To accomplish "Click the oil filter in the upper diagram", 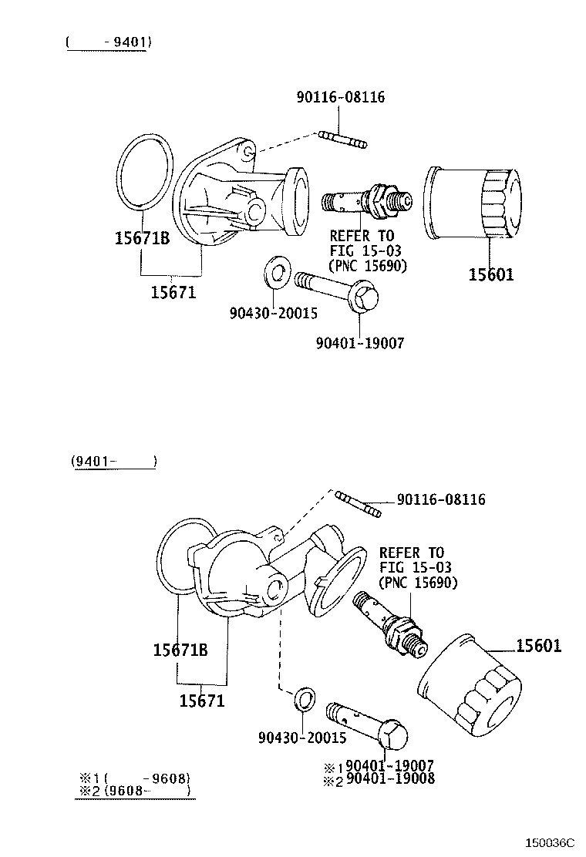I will click(472, 204).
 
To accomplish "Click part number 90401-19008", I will click(390, 778).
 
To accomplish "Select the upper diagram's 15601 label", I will click(491, 274).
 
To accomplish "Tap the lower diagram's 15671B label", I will click(180, 650).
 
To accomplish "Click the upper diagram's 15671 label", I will click(173, 292).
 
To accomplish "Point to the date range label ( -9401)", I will click(108, 42).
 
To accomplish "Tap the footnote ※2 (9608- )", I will click(135, 790).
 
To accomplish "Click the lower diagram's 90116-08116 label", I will click(441, 499).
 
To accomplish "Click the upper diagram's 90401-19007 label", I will click(359, 343).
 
